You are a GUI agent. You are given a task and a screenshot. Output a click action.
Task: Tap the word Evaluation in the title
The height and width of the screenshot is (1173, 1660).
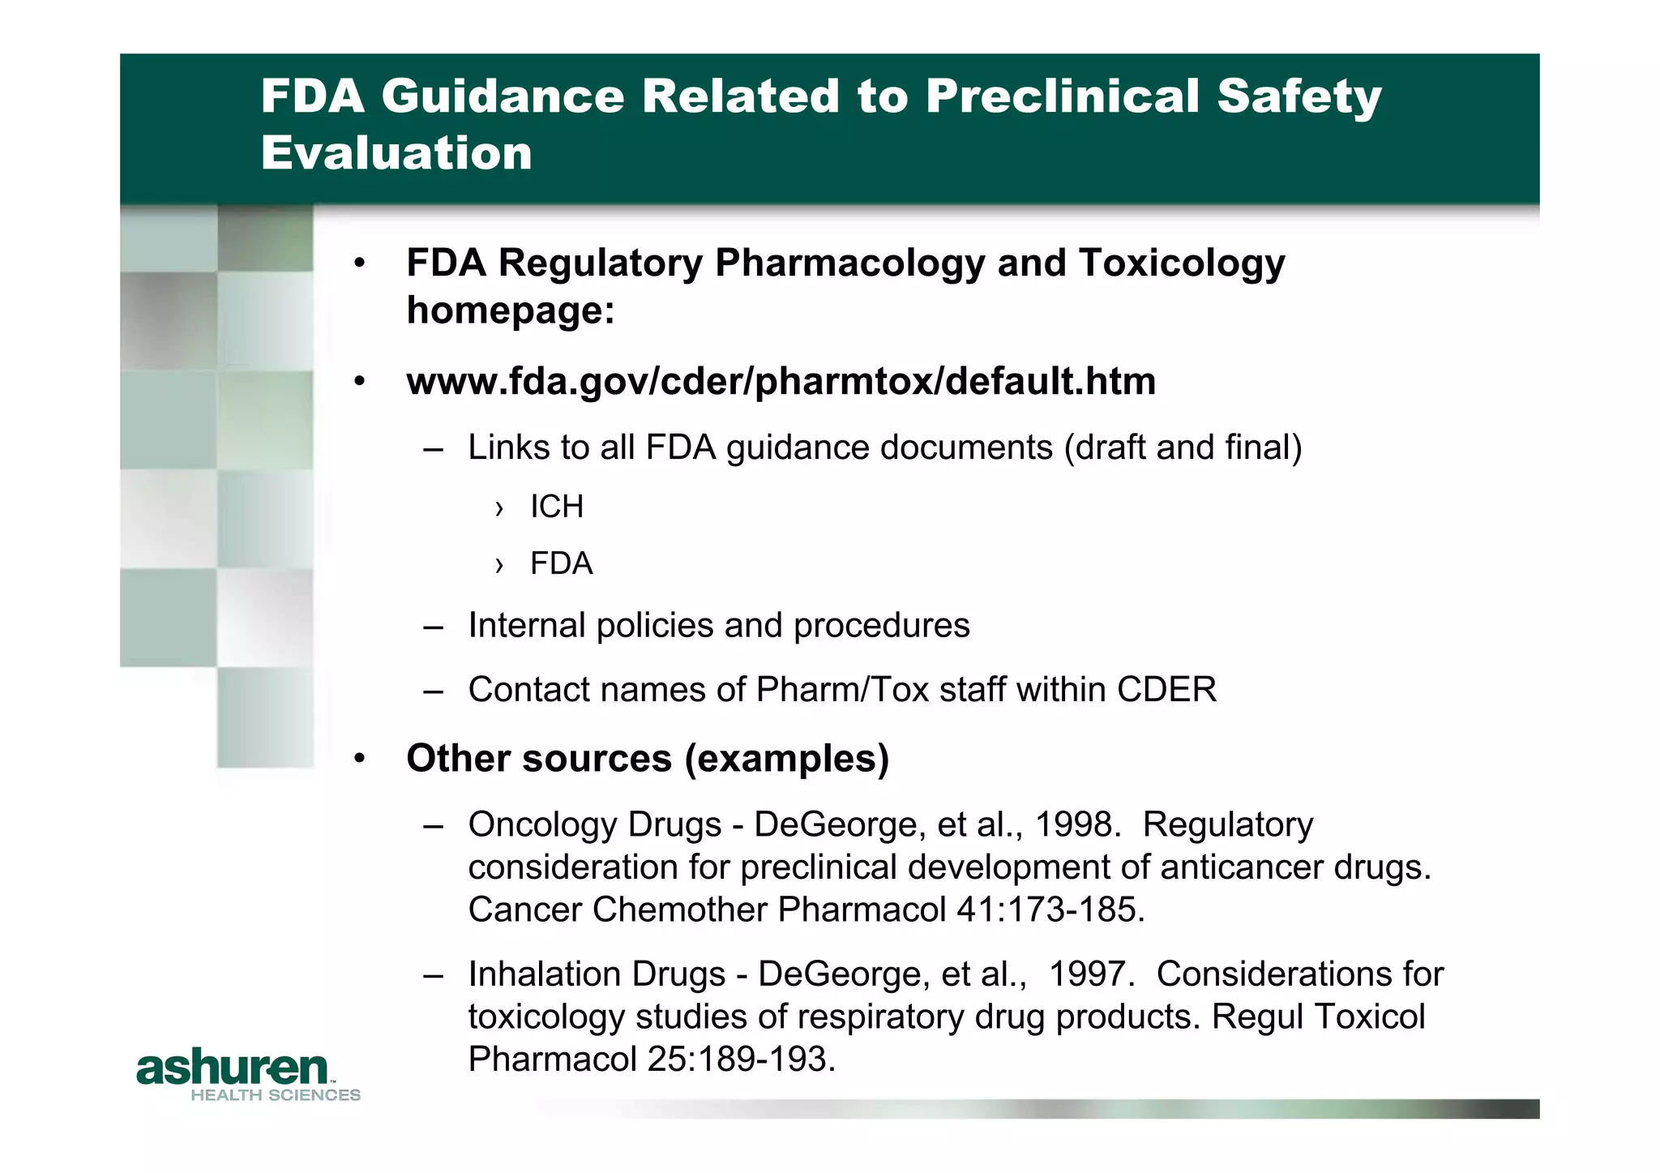click(x=396, y=153)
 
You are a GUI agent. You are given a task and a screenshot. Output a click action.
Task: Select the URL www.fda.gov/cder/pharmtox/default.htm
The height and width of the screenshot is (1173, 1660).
click(x=781, y=381)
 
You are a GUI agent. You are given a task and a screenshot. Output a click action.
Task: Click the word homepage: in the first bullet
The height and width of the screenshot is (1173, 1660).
click(x=511, y=310)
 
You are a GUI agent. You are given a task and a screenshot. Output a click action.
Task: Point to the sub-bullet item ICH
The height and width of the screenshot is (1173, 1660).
click(x=557, y=507)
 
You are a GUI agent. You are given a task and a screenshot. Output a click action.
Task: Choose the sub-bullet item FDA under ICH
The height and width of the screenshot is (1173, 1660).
click(x=561, y=563)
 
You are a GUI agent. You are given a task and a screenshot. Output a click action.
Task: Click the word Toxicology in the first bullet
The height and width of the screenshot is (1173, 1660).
click(x=1182, y=263)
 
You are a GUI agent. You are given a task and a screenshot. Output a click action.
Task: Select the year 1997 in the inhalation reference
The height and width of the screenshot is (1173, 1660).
click(x=1089, y=974)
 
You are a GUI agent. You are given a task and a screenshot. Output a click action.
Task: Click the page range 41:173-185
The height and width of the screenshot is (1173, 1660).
click(x=1050, y=910)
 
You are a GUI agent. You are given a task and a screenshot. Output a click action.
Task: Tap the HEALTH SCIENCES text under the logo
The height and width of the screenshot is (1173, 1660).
click(x=276, y=1095)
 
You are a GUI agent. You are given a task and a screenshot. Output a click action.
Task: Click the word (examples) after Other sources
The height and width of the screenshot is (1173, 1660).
click(x=786, y=759)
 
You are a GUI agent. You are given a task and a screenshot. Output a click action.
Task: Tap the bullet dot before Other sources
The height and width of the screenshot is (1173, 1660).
click(x=360, y=759)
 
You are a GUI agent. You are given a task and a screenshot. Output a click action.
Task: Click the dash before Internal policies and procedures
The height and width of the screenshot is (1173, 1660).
click(x=433, y=627)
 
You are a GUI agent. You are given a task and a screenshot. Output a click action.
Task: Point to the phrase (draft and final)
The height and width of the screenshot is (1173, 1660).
click(x=1183, y=447)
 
